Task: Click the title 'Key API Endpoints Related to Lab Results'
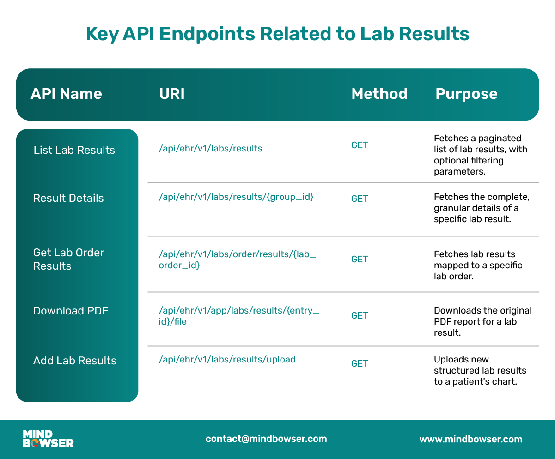click(277, 34)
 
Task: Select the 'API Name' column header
click(66, 94)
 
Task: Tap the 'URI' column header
click(172, 94)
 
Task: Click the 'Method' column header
click(379, 94)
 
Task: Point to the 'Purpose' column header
click(466, 94)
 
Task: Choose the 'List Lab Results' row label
click(74, 150)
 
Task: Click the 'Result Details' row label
click(68, 198)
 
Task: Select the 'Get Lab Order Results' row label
click(68, 259)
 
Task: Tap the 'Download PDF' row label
click(71, 311)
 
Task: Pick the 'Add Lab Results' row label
click(75, 361)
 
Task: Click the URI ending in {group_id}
click(236, 197)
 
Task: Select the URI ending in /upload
click(227, 359)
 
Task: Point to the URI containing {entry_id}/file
click(239, 316)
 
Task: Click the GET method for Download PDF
click(360, 315)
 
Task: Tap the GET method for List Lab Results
click(360, 145)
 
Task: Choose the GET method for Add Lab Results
click(360, 363)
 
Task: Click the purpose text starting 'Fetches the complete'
click(482, 208)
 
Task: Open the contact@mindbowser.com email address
click(266, 439)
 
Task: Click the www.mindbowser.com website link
click(471, 439)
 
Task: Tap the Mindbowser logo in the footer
click(48, 439)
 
